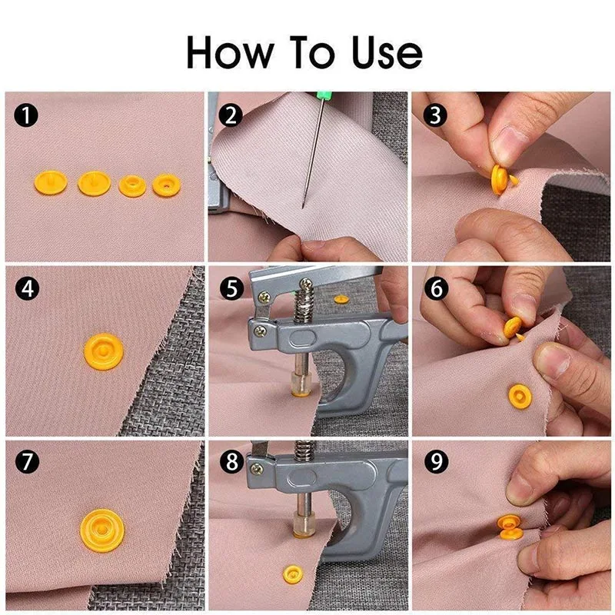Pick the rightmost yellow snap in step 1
coord(165,184)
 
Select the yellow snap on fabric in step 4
coord(103,352)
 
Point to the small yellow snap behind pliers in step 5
coord(342,298)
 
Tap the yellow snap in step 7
coord(102,529)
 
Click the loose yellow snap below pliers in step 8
coord(292,572)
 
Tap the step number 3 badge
coord(436,117)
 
